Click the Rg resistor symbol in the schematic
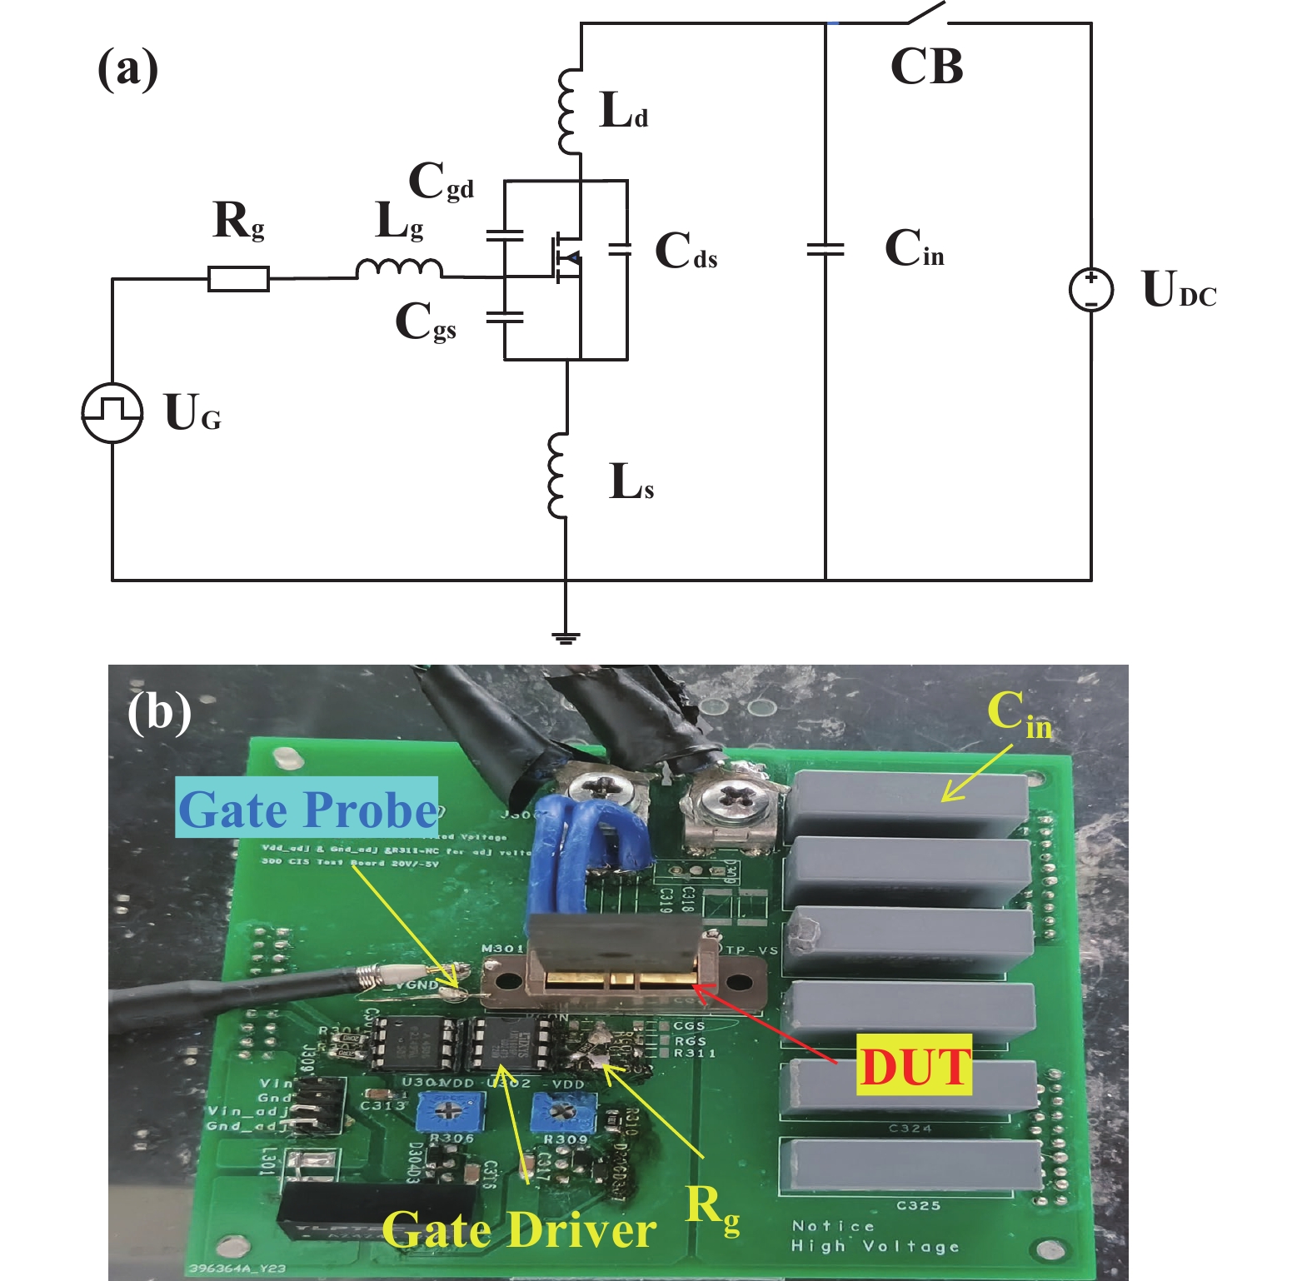click(238, 278)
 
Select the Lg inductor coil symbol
click(399, 268)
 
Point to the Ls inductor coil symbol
click(557, 475)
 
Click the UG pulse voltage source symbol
click(112, 412)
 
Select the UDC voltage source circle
click(1090, 290)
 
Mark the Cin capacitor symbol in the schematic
click(826, 248)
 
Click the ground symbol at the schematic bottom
click(566, 638)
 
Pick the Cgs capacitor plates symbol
click(504, 317)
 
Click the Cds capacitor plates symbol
click(619, 248)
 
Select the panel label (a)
click(127, 68)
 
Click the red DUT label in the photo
click(915, 1066)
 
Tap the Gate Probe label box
click(307, 808)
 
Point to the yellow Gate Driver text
click(518, 1229)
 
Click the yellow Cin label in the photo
click(1018, 715)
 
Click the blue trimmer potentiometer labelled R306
click(449, 1109)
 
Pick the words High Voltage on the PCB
click(875, 1246)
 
